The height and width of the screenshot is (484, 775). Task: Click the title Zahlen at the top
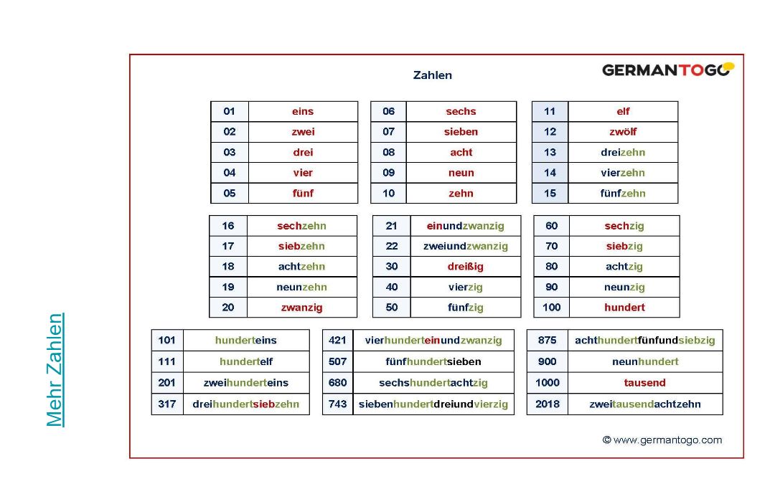(432, 75)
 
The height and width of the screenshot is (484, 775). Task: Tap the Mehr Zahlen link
(55, 370)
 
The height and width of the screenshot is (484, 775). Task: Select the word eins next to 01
(303, 111)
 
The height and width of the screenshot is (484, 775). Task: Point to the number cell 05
(230, 193)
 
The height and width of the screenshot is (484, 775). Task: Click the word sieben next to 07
(461, 132)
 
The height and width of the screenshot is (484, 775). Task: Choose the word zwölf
(623, 132)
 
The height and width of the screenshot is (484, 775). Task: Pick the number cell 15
(550, 193)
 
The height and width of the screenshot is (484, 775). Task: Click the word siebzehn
(301, 246)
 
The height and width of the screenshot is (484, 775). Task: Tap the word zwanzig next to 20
(301, 307)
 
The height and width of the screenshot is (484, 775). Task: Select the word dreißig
(465, 266)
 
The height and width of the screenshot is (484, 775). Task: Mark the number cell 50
(391, 307)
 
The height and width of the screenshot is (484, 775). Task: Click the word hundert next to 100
(624, 307)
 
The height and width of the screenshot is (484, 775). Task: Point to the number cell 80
(551, 266)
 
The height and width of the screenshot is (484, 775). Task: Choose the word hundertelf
(246, 361)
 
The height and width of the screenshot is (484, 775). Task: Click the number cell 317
(167, 404)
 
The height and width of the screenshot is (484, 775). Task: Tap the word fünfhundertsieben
(433, 361)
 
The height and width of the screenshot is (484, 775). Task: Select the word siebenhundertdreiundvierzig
(433, 404)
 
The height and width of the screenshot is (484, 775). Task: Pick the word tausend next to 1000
(644, 382)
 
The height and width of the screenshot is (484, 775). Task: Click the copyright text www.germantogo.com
(662, 440)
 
